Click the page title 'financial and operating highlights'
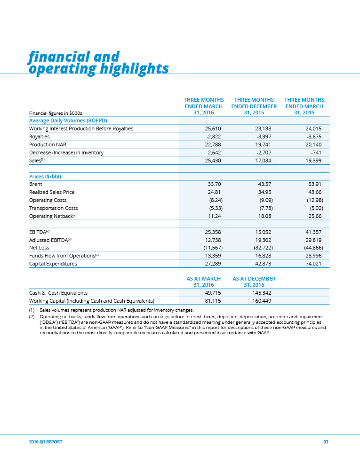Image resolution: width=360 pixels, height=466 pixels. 98,63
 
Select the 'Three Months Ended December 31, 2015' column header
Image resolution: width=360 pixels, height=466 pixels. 254,106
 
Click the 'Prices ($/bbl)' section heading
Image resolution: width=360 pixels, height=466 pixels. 45,177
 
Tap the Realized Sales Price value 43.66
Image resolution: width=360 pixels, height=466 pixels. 314,192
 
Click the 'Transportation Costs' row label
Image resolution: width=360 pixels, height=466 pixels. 54,208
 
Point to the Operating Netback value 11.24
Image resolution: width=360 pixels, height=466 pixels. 214,216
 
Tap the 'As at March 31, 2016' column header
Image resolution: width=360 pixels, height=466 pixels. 204,282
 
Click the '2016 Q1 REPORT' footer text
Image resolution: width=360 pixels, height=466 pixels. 46,442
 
